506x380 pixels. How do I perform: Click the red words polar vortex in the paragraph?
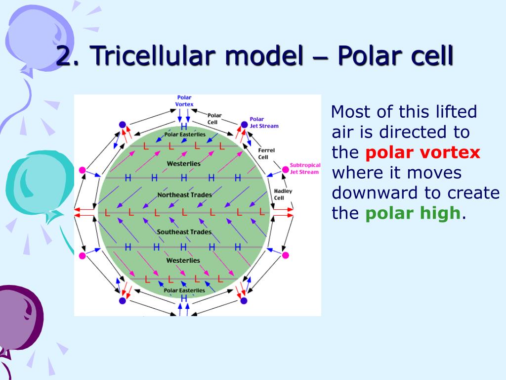422,152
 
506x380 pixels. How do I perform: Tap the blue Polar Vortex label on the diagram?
184,100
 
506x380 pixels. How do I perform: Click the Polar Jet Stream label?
264,122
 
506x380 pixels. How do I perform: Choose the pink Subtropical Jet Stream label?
304,168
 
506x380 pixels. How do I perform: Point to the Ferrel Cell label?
266,153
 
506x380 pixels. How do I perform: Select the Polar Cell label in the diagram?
214,118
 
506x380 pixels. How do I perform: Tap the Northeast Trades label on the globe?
184,195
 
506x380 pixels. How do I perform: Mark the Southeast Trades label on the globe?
184,232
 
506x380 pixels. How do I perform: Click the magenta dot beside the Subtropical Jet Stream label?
285,170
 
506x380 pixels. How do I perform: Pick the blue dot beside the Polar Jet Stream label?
244,124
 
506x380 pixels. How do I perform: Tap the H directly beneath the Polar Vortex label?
184,127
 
